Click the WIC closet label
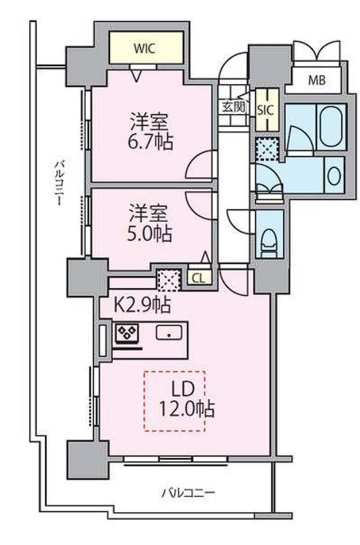pos(143,50)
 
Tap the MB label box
pos(317,80)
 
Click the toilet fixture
pos(268,237)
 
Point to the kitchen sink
pos(171,333)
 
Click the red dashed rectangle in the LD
pos(174,401)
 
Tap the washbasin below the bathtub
pos(333,175)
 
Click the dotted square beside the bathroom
pos(265,148)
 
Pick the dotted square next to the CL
pos(169,278)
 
